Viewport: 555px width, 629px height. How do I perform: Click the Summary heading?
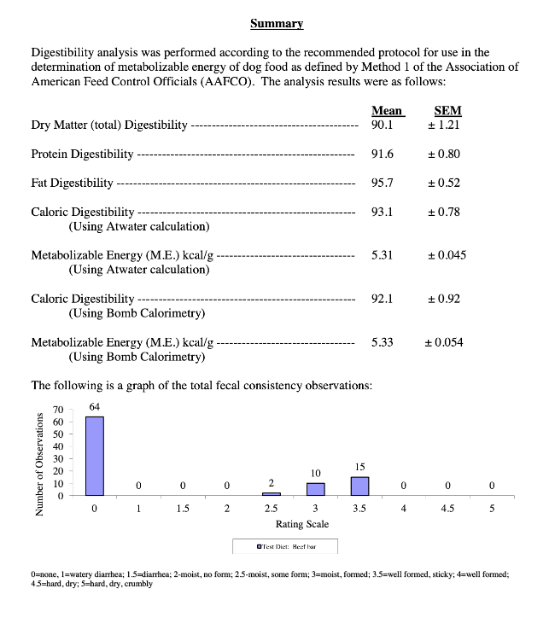tap(277, 23)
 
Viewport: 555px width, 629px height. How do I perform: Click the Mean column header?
tap(387, 111)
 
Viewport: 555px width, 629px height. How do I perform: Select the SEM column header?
tap(447, 111)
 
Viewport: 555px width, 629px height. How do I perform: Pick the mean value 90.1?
tap(383, 125)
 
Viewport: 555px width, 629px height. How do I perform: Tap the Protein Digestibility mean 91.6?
tap(383, 154)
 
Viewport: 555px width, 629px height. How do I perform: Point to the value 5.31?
tap(383, 255)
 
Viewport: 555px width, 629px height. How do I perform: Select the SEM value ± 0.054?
tap(444, 342)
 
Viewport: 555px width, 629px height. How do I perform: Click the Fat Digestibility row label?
tap(73, 183)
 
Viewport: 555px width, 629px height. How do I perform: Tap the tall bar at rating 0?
tap(95, 456)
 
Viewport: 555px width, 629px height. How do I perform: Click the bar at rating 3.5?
tap(359, 486)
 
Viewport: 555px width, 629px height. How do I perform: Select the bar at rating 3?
tap(315, 489)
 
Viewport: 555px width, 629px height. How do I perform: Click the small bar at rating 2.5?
tap(271, 493)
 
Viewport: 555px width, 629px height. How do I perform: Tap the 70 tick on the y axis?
tap(58, 411)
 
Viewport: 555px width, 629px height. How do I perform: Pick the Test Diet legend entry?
tap(285, 546)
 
